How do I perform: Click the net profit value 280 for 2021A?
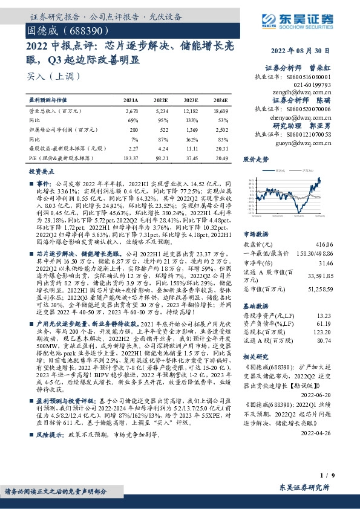(134, 129)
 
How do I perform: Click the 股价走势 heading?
(255, 160)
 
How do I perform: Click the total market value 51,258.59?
(319, 290)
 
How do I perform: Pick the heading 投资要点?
(41, 172)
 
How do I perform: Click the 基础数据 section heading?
(257, 306)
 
